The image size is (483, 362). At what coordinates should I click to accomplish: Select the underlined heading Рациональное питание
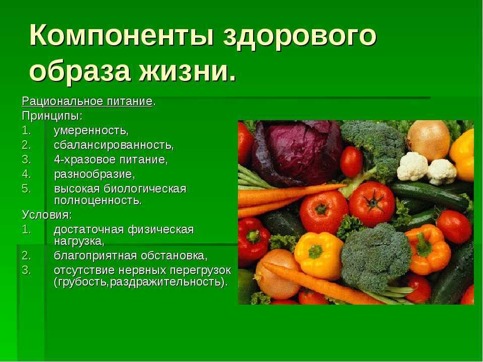pos(87,101)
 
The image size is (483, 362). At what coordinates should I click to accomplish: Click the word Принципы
pos(51,116)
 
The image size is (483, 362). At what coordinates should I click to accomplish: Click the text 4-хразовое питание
pos(110,160)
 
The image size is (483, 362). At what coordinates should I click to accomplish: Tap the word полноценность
pos(97,201)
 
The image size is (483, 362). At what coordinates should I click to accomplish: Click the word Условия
pos(46,215)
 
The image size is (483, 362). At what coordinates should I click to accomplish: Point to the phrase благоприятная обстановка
pos(129,255)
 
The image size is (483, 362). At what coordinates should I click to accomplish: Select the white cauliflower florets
pos(427,169)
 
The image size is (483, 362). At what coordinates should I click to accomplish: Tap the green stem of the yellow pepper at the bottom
pos(315,251)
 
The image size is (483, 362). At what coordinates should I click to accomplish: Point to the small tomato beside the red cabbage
pos(352,161)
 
